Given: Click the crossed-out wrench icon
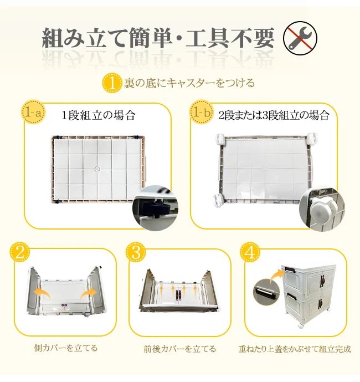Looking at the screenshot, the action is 300,38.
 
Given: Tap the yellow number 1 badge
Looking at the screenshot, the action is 112,83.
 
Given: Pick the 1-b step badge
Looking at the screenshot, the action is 200,113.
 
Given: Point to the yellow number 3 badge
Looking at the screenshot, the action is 136,252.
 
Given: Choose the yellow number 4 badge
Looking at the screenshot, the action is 250,252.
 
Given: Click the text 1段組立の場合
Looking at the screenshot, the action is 99,115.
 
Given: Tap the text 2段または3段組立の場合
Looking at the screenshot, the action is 274,115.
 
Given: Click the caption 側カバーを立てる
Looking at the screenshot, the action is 66,348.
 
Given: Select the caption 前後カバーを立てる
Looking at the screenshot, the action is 180,349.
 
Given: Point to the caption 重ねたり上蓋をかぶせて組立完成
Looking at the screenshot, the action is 295,349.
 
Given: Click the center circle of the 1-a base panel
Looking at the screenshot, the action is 97,169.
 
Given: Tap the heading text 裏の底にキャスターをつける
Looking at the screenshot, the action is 189,83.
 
